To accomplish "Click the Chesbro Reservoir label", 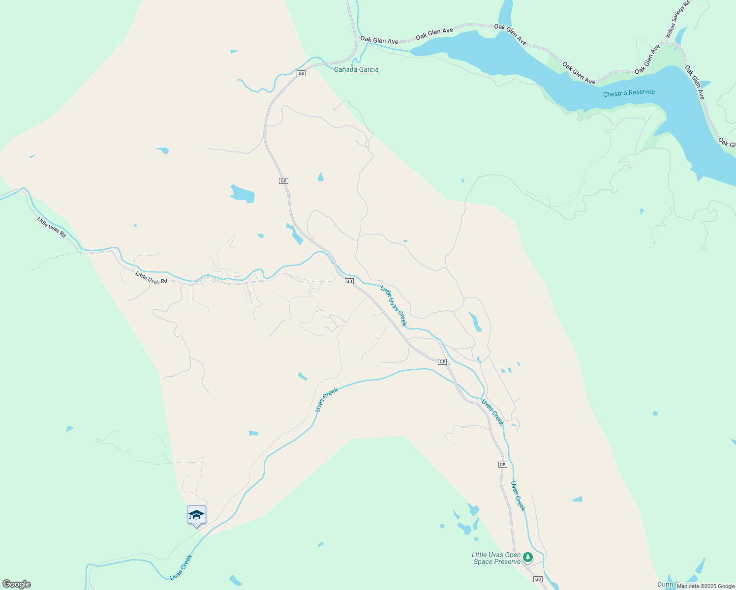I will (x=629, y=92).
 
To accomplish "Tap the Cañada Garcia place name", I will (x=356, y=69).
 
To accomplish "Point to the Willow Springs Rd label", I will (x=677, y=20).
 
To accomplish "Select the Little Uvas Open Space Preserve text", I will (x=496, y=558).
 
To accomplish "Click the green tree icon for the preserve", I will (x=528, y=557).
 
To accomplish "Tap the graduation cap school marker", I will (x=196, y=515).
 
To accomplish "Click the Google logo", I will (x=16, y=584).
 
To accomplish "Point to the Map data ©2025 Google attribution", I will (x=705, y=586).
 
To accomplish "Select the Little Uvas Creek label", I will (x=394, y=305).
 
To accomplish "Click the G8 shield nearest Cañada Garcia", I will (x=301, y=73).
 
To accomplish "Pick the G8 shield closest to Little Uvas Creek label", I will (x=349, y=281).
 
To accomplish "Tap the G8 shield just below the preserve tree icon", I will (x=538, y=579).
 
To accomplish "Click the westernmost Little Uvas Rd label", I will (x=51, y=227).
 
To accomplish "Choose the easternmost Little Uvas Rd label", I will (x=151, y=278).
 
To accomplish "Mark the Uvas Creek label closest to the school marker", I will (x=181, y=567).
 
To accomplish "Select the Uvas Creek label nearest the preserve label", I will (x=519, y=496).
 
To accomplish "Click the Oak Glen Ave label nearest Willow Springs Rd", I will (x=647, y=59).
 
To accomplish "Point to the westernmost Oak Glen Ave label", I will (x=379, y=40).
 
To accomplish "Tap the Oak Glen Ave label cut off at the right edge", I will (x=726, y=143).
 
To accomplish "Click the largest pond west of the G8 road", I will (x=243, y=194).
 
